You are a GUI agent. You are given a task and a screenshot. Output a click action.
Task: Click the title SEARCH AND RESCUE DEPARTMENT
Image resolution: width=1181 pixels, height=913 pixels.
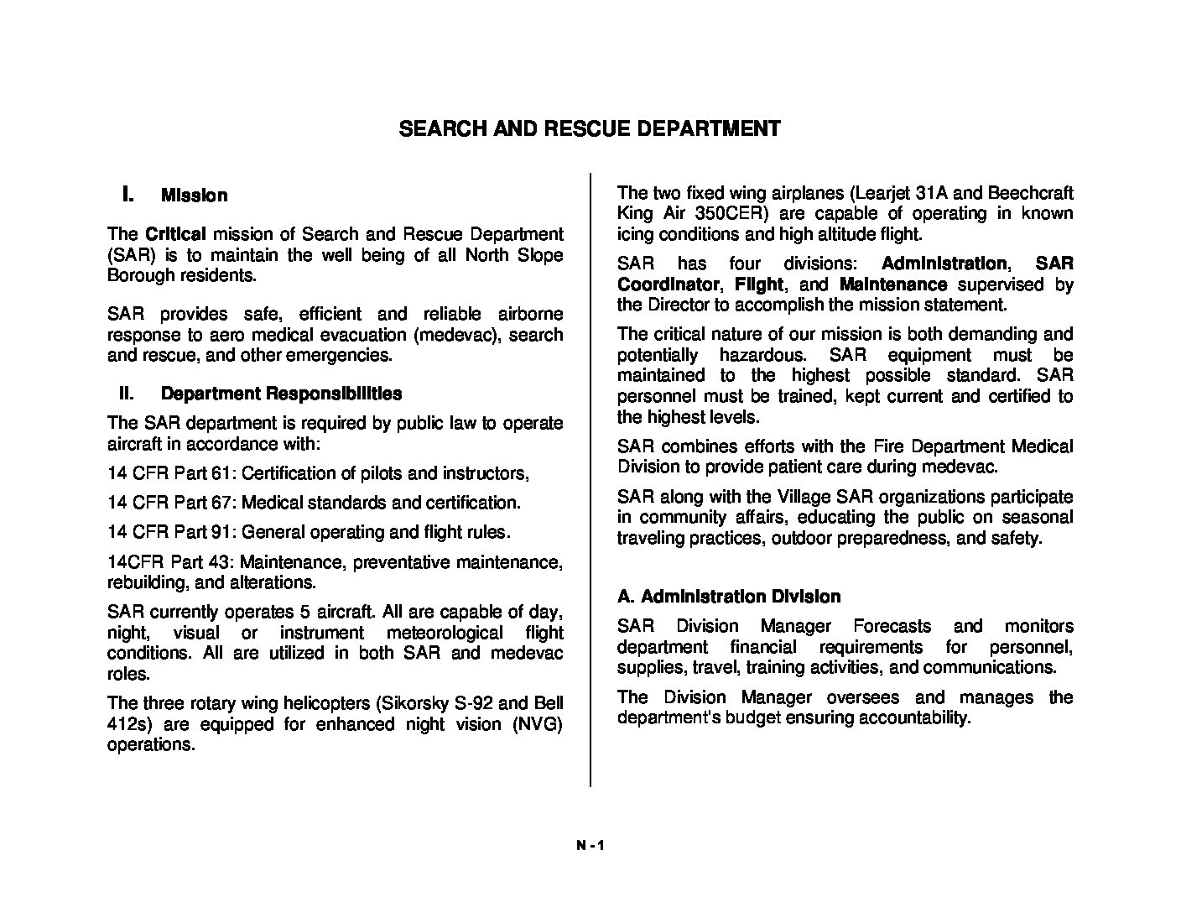pyautogui.click(x=589, y=128)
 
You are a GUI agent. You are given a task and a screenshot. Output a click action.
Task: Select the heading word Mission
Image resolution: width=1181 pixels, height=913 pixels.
pyautogui.click(x=194, y=196)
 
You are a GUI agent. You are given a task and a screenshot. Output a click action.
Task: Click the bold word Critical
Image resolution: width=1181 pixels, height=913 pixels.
pyautogui.click(x=175, y=234)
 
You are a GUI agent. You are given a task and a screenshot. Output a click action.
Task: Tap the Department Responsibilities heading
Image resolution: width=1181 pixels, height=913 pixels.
pyautogui.click(x=281, y=394)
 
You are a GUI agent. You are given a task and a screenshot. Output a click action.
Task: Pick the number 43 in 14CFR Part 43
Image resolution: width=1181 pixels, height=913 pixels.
pyautogui.click(x=219, y=561)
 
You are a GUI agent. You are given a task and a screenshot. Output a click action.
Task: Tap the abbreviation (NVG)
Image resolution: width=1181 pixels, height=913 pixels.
pyautogui.click(x=537, y=724)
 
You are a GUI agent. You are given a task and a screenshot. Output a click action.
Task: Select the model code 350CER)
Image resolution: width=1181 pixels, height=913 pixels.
pyautogui.click(x=740, y=213)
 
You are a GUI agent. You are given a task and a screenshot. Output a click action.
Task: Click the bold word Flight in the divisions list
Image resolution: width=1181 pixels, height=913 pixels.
pyautogui.click(x=758, y=284)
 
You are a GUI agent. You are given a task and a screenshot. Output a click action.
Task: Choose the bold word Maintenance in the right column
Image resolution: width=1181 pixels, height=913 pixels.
pyautogui.click(x=893, y=284)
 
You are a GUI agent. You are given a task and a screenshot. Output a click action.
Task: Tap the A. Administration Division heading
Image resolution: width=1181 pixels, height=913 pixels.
pyautogui.click(x=729, y=597)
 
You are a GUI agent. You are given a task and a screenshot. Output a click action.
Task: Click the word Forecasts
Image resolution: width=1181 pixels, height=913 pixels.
pyautogui.click(x=892, y=626)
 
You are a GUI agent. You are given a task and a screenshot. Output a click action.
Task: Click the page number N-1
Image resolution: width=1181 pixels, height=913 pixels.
pyautogui.click(x=590, y=846)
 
